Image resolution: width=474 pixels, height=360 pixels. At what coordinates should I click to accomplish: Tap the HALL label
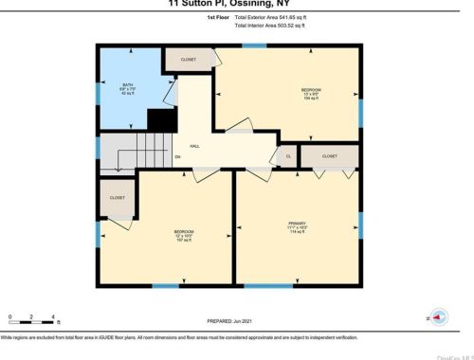coord(194,146)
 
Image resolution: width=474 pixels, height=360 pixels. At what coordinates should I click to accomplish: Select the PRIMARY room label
coord(297,225)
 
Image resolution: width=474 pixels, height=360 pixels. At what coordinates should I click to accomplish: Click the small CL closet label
coord(287,156)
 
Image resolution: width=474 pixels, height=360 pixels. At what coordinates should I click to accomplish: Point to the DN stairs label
coord(177,158)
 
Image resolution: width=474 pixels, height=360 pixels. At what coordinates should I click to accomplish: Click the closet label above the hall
coord(188,60)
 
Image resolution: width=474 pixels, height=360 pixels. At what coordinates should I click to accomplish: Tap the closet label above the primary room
coord(329,155)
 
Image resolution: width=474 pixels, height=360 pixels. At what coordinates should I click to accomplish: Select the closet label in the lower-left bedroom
coord(118,198)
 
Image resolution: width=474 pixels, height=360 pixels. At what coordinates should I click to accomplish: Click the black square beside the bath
coord(162,120)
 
